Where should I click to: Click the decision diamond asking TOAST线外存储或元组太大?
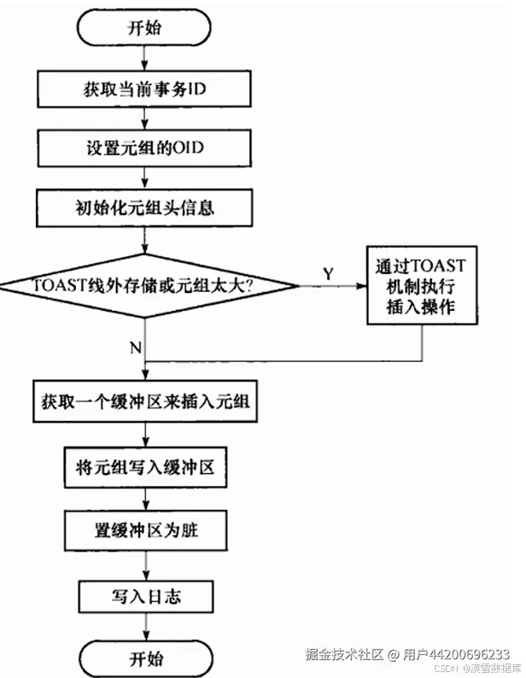point(146,286)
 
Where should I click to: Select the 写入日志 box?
point(145,595)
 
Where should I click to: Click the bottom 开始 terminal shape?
point(145,658)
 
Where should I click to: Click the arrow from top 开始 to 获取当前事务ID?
point(145,56)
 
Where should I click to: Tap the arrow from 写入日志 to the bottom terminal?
point(145,627)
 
